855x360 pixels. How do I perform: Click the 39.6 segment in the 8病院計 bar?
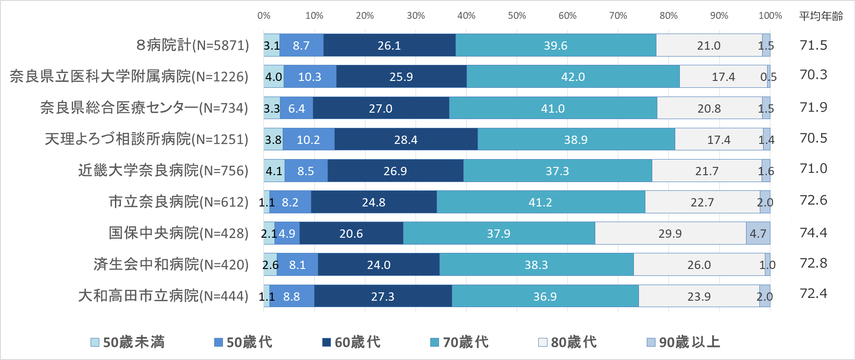click(x=555, y=46)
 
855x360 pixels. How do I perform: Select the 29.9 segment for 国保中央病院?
click(x=670, y=234)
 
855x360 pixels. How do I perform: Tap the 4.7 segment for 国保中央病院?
click(x=758, y=234)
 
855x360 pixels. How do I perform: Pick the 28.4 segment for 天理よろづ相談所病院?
click(x=405, y=140)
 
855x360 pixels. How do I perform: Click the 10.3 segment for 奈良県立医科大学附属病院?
click(x=309, y=77)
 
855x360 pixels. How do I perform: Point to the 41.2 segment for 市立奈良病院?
click(x=540, y=202)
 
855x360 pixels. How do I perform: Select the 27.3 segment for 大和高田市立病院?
click(x=382, y=297)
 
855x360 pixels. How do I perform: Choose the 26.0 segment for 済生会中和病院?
click(x=699, y=265)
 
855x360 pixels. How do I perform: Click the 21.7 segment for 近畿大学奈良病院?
click(x=707, y=171)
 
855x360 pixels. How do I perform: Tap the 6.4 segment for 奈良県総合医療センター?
click(x=296, y=109)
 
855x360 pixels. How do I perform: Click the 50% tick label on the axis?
click(x=517, y=16)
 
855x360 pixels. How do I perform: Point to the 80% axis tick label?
click(x=668, y=16)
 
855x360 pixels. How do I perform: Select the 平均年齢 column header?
click(x=821, y=16)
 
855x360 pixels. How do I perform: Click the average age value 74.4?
click(x=813, y=233)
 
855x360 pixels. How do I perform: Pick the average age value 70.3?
click(x=813, y=74)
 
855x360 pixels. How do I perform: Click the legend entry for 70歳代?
click(x=459, y=342)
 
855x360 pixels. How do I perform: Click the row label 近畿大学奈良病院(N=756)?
click(x=163, y=171)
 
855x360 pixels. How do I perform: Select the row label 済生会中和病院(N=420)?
click(x=171, y=264)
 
